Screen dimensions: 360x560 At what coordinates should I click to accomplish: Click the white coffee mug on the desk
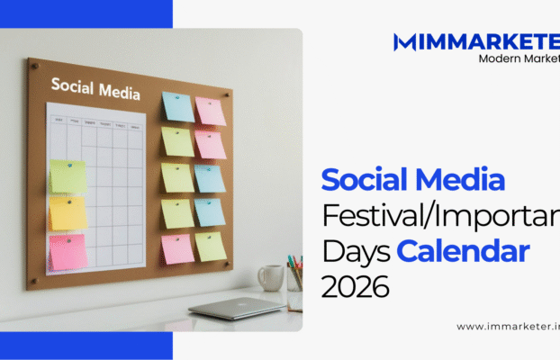pyautogui.click(x=270, y=277)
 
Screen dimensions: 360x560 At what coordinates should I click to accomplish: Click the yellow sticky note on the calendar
pyautogui.click(x=68, y=214)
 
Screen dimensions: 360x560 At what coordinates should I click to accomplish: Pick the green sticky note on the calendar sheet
pyautogui.click(x=68, y=177)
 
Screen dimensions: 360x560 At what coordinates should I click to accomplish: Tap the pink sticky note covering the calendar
pyautogui.click(x=68, y=252)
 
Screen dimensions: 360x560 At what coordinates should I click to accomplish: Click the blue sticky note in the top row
pyautogui.click(x=177, y=107)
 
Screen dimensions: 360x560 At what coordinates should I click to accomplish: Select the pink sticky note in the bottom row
pyautogui.click(x=177, y=247)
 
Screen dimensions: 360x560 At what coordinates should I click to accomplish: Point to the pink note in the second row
pyautogui.click(x=210, y=144)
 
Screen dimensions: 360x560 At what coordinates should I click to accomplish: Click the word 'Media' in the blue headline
pyautogui.click(x=464, y=181)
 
